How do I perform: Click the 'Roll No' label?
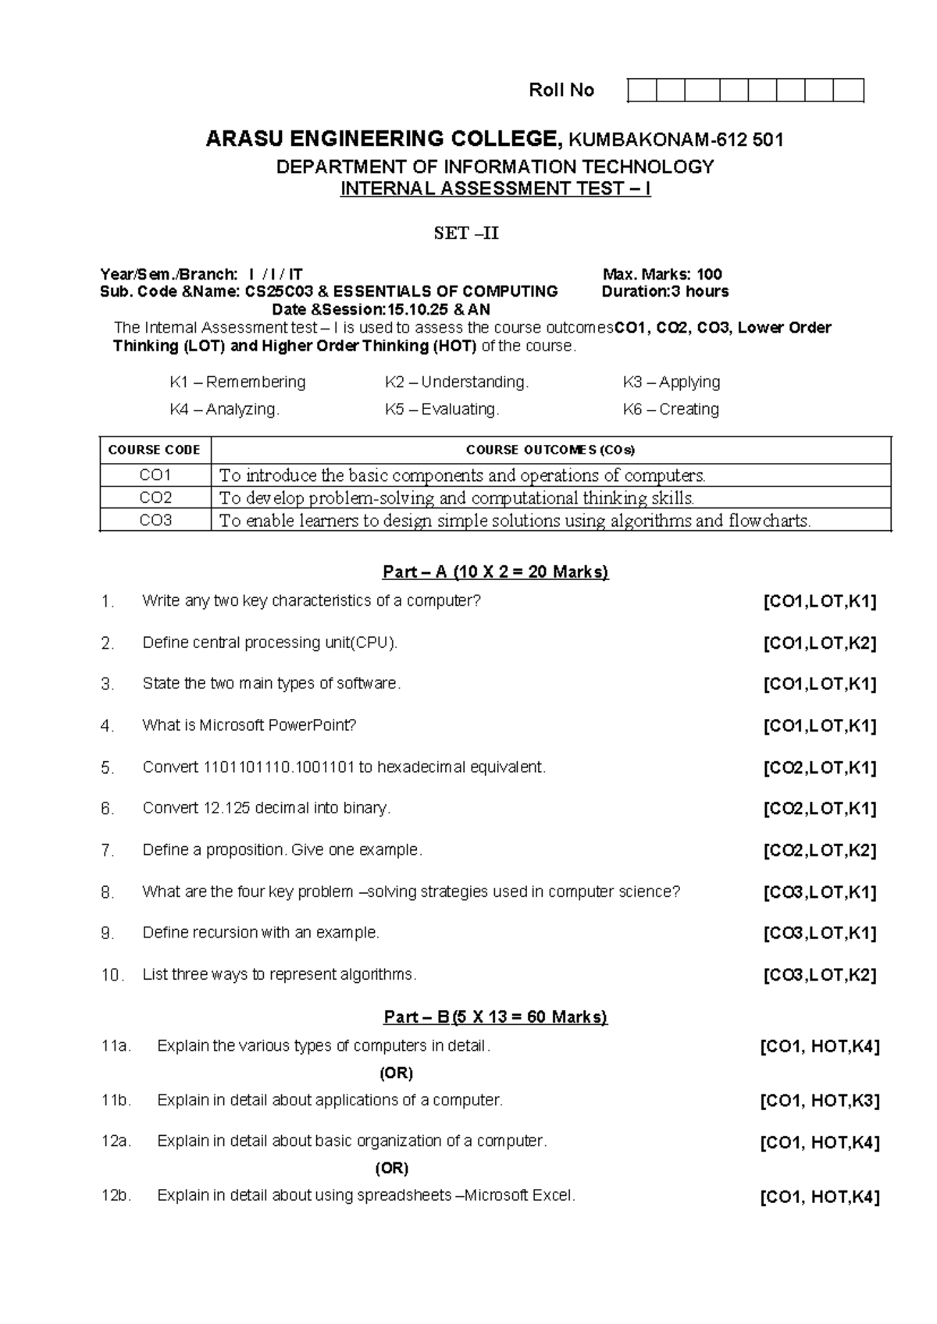(x=561, y=91)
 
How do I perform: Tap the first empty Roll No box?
(x=642, y=91)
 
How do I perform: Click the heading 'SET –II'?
(x=466, y=233)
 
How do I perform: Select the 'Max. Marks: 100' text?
(x=662, y=274)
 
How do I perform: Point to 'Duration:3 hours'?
(x=665, y=291)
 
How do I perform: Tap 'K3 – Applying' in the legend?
(x=671, y=382)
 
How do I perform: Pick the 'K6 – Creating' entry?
(x=671, y=409)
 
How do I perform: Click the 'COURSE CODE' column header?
(x=155, y=450)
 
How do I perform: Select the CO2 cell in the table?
(x=155, y=497)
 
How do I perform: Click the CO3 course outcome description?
(x=515, y=521)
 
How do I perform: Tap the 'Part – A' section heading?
(x=495, y=572)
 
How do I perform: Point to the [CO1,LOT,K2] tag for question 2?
(x=819, y=643)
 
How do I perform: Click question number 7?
(x=108, y=850)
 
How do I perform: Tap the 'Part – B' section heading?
(x=495, y=1017)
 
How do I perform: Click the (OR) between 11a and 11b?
(x=396, y=1073)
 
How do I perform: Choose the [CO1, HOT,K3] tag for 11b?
(x=819, y=1101)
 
